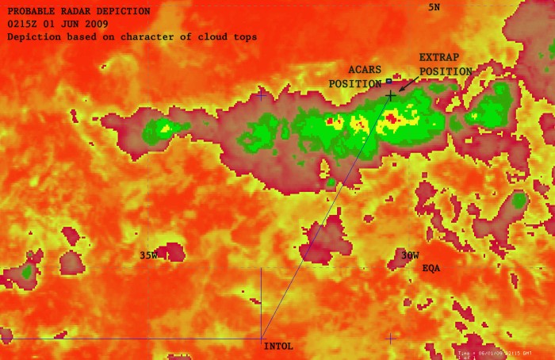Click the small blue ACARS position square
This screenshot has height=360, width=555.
[389, 81]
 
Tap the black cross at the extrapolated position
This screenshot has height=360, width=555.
[390, 96]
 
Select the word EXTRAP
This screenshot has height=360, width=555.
[438, 58]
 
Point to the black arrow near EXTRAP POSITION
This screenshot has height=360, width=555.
[407, 83]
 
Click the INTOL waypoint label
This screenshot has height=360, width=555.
[278, 347]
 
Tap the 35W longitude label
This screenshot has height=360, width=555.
[148, 255]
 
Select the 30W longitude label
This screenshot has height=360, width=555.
[409, 255]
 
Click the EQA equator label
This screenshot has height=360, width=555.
[431, 269]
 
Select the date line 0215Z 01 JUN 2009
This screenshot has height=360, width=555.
[56, 25]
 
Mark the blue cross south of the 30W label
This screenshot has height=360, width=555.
[390, 338]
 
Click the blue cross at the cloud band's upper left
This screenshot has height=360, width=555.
[262, 95]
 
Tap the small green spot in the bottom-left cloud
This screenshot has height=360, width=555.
[27, 272]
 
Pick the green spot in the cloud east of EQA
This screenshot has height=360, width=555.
[519, 200]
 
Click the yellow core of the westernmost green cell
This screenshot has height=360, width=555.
[165, 127]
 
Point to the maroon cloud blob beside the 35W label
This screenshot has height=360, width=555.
[170, 252]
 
